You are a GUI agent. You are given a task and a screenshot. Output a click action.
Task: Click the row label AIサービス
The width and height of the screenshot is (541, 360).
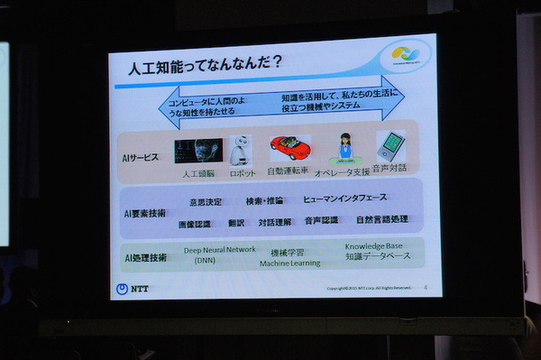coord(141,157)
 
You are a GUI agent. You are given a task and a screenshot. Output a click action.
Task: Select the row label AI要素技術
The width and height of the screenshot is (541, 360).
coord(145,213)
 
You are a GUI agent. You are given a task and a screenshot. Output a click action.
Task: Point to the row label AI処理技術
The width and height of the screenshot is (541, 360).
coord(145,258)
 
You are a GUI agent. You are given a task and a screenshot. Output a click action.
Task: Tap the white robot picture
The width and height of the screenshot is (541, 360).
coord(242,151)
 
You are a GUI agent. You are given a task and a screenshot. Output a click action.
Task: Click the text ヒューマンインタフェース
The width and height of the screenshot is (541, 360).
coord(344,198)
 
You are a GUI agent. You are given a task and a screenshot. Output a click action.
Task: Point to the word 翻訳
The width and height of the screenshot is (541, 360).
coord(237,222)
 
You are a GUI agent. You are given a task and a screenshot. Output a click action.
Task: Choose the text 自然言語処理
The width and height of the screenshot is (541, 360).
coord(381,219)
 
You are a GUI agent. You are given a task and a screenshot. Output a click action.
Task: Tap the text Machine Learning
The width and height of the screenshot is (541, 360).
coord(291,263)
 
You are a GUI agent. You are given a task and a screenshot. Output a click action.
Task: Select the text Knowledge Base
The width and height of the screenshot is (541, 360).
coord(372,245)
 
